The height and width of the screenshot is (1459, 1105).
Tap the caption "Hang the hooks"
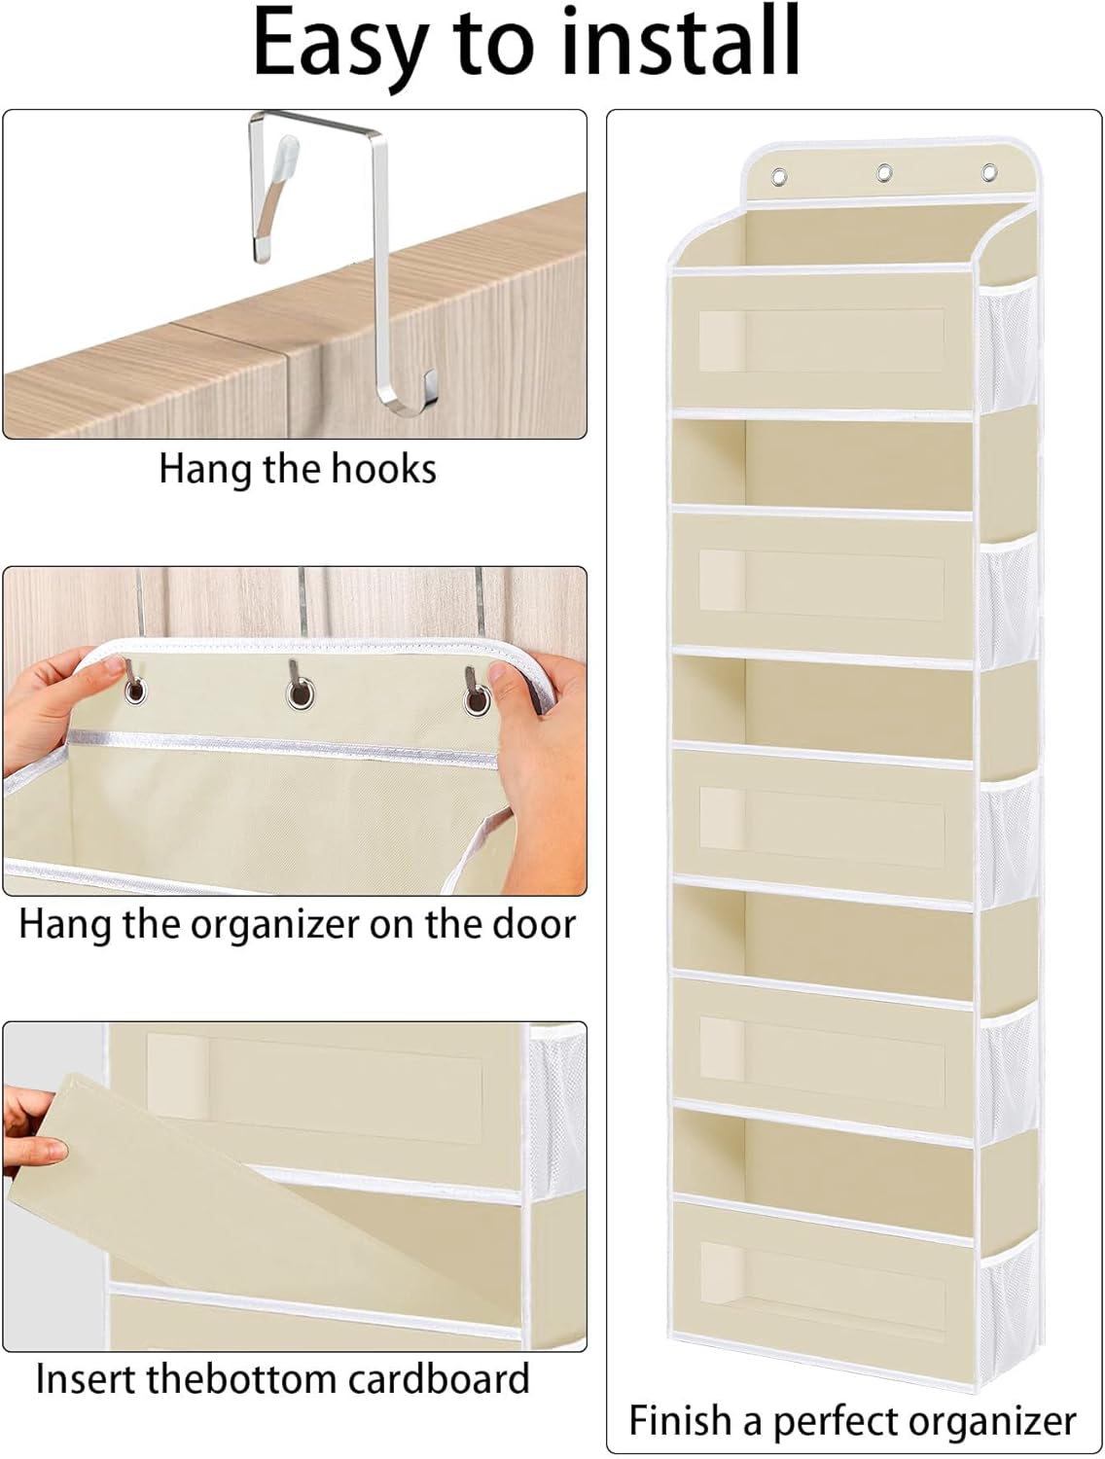[x=297, y=469]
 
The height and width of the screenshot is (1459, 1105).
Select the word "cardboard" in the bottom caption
[x=439, y=1378]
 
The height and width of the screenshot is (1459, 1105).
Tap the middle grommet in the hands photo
[x=300, y=694]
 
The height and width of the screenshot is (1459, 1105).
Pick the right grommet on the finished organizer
[x=989, y=172]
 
